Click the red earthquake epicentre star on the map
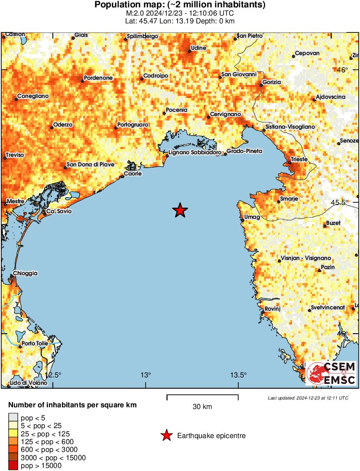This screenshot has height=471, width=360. [x=180, y=211]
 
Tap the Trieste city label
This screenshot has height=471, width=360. [x=299, y=159]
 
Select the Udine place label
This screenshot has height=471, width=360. [x=198, y=48]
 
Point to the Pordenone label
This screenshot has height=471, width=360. [x=98, y=78]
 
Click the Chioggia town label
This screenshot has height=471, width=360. [x=25, y=273]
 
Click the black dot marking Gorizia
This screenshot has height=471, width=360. [x=261, y=85]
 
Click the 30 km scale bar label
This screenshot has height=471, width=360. [x=202, y=406]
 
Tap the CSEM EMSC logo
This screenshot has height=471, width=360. [x=331, y=374]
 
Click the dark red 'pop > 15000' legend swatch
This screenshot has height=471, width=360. [x=13, y=466]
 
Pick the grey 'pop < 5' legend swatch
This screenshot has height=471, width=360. [x=13, y=417]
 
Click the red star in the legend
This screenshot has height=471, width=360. [x=166, y=436]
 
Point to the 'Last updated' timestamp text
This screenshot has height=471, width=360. [x=308, y=398]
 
